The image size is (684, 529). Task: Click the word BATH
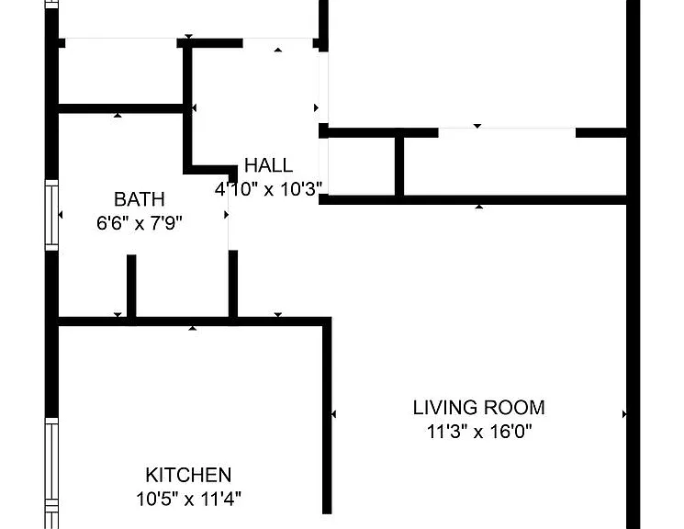140,199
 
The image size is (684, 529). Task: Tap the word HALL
268,165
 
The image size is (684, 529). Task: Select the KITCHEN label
188,475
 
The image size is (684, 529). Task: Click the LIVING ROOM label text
479,408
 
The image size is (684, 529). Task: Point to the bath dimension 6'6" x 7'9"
140,223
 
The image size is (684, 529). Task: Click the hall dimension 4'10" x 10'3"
268,189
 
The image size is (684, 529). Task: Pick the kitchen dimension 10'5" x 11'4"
188,499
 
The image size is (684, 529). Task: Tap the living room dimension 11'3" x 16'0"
479,432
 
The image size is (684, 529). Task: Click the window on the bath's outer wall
52,215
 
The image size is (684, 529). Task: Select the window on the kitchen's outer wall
52,473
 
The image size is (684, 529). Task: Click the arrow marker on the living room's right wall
624,414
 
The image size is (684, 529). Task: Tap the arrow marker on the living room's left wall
333,414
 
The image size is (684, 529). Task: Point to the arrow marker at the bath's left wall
61,215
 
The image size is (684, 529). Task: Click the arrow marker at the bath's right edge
227,215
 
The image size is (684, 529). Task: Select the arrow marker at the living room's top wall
479,207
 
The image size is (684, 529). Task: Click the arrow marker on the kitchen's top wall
193,328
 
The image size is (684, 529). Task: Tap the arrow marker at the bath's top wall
118,115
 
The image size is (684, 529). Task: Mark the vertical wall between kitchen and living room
327,415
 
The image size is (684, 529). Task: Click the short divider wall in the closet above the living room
399,166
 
